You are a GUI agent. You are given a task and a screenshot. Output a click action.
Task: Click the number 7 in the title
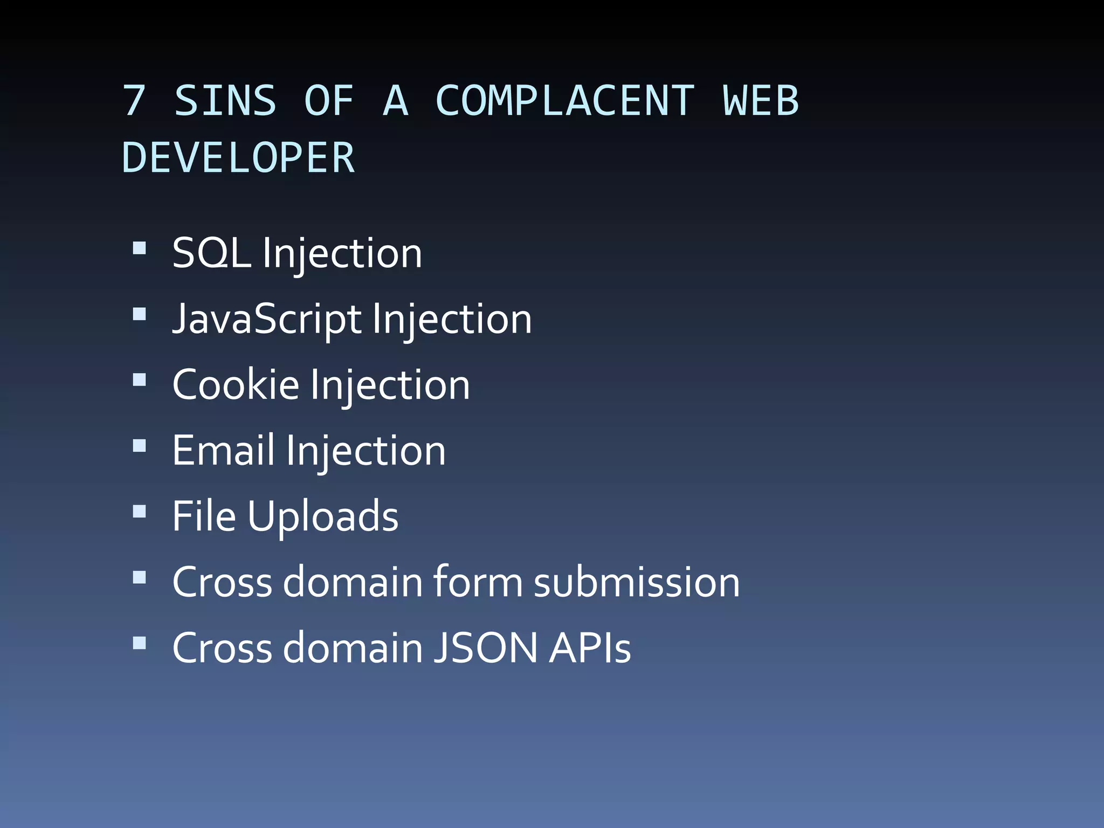134,101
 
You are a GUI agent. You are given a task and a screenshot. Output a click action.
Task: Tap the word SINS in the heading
225,101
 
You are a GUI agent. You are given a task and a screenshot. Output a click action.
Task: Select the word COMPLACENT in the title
564,101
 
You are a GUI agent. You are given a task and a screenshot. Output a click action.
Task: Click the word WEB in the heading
760,101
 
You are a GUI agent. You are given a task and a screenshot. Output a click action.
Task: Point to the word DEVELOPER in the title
238,158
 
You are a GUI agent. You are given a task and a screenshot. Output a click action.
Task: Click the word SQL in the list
211,253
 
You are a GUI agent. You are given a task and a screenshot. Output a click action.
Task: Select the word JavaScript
267,319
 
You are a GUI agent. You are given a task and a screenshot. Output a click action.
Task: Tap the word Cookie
236,385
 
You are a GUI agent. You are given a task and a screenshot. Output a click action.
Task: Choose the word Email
223,451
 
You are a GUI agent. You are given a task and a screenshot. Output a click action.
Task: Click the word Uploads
323,516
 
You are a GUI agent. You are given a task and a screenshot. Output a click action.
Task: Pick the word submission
637,582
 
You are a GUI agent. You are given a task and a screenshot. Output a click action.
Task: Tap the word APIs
590,648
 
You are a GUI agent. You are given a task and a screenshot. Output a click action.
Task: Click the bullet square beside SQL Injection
140,248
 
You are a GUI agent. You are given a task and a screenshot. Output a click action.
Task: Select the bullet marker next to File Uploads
140,511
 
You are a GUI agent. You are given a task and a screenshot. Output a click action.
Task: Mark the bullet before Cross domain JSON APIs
140,643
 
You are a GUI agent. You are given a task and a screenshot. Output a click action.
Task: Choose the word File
204,516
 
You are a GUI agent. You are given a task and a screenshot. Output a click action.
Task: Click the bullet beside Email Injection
140,445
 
